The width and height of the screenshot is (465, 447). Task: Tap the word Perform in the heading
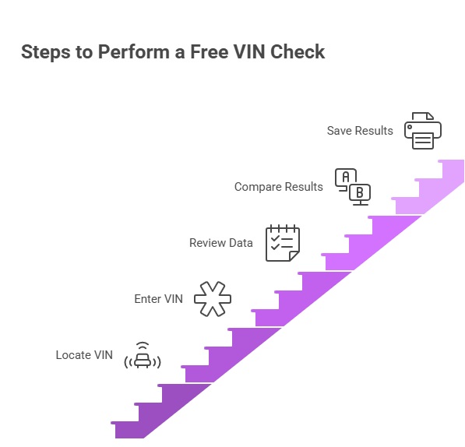click(x=124, y=52)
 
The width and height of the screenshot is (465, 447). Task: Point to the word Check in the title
click(x=298, y=52)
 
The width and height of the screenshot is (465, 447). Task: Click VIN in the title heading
click(x=252, y=52)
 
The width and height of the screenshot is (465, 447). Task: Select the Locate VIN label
click(x=84, y=355)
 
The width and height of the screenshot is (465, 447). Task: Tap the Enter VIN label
click(x=158, y=298)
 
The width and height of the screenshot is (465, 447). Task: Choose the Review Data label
click(x=220, y=243)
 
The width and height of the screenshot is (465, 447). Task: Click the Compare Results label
click(x=278, y=187)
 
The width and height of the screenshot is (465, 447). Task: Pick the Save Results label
click(x=360, y=131)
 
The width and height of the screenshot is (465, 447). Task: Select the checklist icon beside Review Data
click(x=282, y=243)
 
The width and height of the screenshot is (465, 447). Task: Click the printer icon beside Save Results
click(x=423, y=131)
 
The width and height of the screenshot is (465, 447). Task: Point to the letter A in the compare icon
click(x=345, y=177)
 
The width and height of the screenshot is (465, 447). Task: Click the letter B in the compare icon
click(x=359, y=192)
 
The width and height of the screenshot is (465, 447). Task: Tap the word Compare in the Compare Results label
click(x=257, y=187)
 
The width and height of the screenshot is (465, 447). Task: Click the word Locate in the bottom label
click(x=73, y=355)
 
